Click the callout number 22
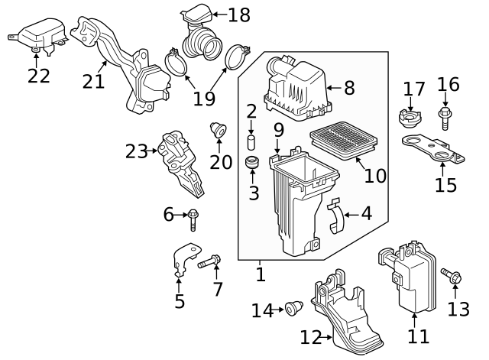tap(38, 76)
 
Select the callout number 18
tap(239, 14)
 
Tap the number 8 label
tap(349, 88)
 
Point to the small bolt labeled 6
tap(193, 218)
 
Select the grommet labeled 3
tap(252, 164)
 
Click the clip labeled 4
tap(334, 218)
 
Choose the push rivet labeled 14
tap(292, 309)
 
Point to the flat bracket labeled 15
tap(433, 149)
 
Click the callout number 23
tap(137, 151)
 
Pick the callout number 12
tap(311, 336)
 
